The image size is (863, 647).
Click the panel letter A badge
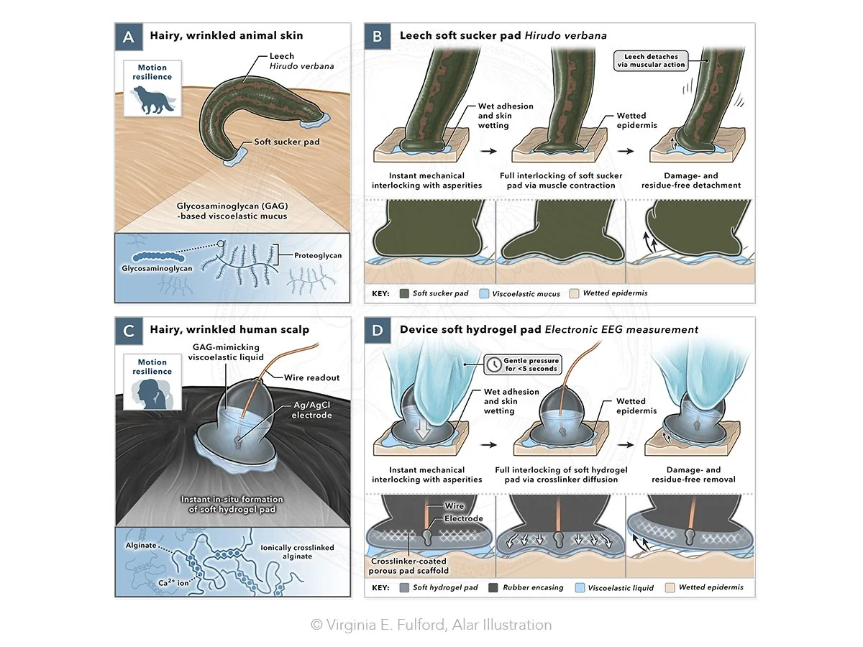[x=129, y=36]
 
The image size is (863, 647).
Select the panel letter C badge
[x=129, y=331]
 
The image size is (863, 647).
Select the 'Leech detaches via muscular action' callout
[x=652, y=60]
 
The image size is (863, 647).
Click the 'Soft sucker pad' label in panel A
[x=287, y=142]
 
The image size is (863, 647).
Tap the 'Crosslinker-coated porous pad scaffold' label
[x=409, y=566]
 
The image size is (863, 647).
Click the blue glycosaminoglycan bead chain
[x=157, y=256]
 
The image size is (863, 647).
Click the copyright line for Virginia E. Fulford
[x=431, y=625]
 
